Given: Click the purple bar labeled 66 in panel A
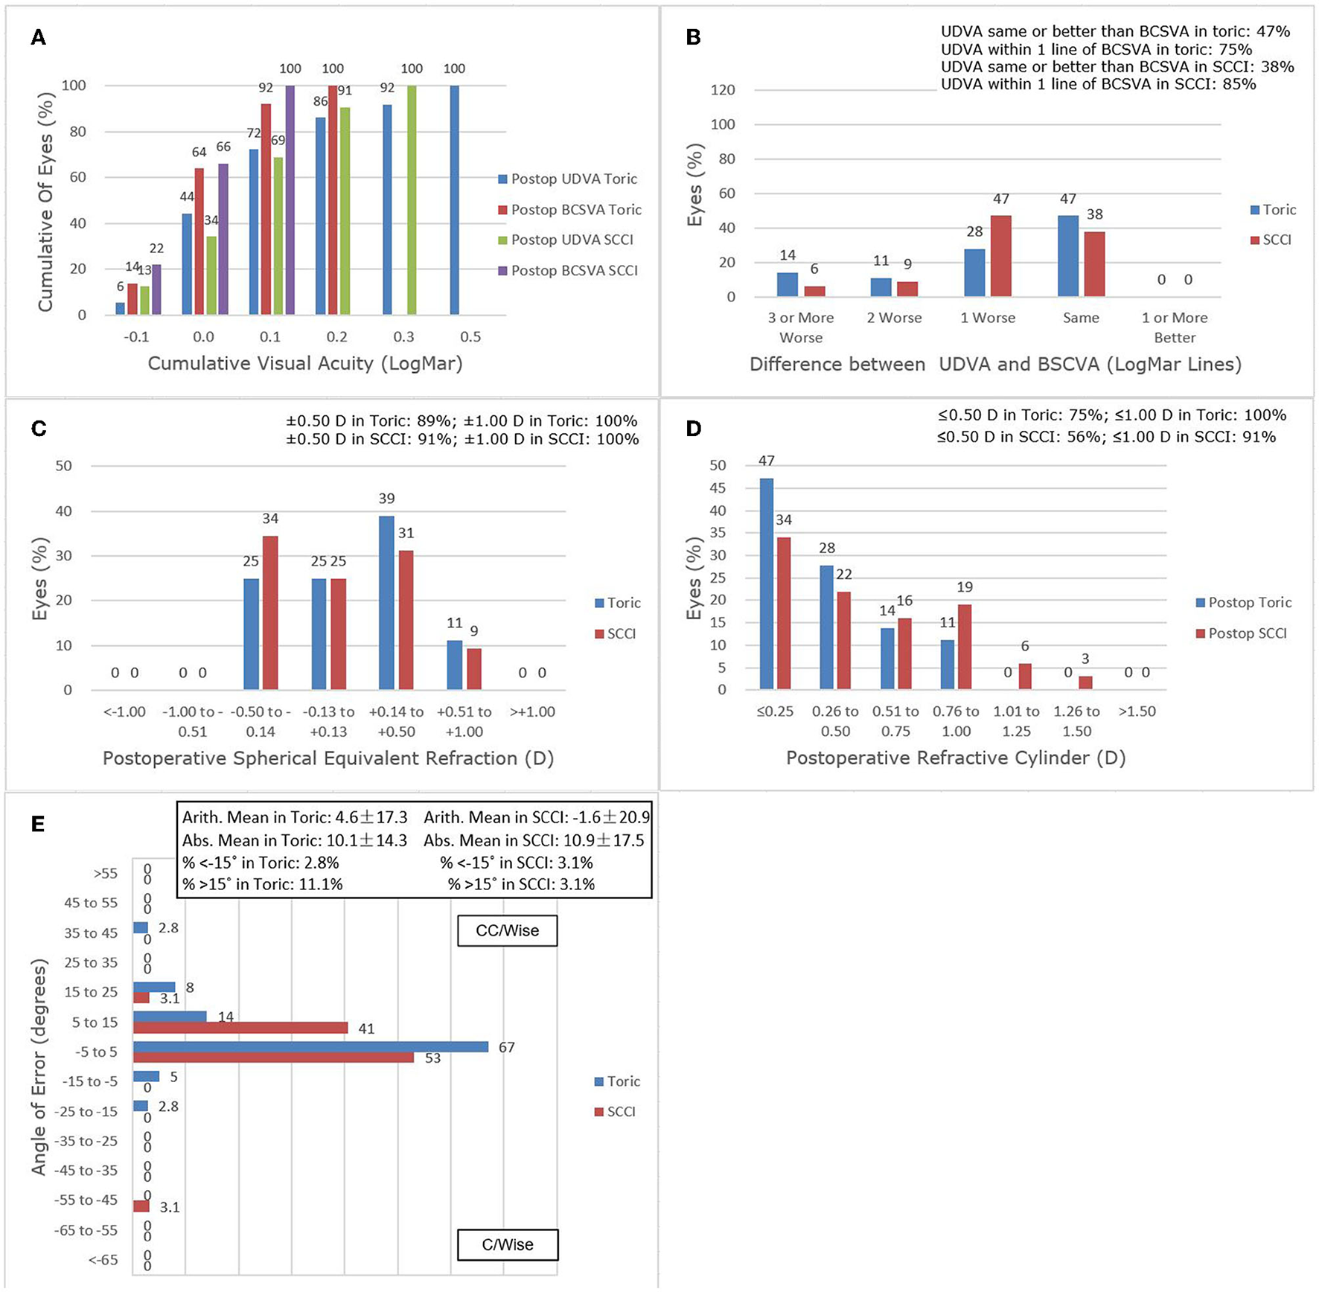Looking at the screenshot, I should click(223, 239).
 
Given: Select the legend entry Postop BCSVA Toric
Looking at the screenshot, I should click(575, 210).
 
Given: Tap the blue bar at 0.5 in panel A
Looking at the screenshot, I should click(454, 199).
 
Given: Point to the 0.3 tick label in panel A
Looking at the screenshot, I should click(403, 337).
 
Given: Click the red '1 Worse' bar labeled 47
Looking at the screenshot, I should click(1001, 256).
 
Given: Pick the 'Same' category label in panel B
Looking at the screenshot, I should click(1081, 318).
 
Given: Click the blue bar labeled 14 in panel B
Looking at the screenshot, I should click(787, 284).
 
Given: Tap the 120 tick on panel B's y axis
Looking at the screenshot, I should click(722, 90).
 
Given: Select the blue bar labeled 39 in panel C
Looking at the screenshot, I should click(386, 602).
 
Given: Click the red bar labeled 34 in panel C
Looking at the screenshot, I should click(270, 612).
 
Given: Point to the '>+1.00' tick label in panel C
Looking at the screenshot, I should click(532, 711).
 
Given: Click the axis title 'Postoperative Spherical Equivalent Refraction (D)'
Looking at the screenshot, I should click(328, 758).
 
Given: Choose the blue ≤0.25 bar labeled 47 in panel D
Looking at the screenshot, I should click(766, 583).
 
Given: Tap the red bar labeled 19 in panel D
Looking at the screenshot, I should click(964, 647).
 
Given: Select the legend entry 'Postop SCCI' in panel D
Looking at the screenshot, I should click(1247, 633).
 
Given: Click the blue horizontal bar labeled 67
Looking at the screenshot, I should click(310, 1047).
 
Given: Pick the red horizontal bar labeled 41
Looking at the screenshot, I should click(240, 1028).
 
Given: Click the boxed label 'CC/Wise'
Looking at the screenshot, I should click(507, 930).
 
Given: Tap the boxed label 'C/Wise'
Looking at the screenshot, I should click(507, 1244).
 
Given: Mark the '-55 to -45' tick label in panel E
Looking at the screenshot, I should click(86, 1200).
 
